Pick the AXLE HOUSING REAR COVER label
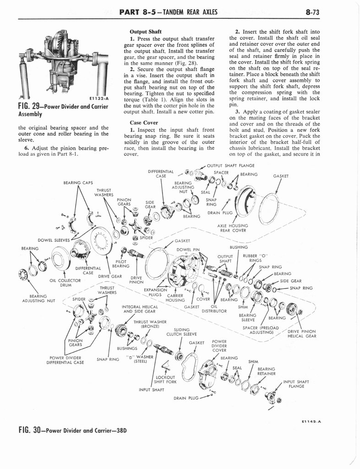click(x=234, y=228)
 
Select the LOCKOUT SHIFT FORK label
click(x=165, y=379)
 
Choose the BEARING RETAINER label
click(x=267, y=371)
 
